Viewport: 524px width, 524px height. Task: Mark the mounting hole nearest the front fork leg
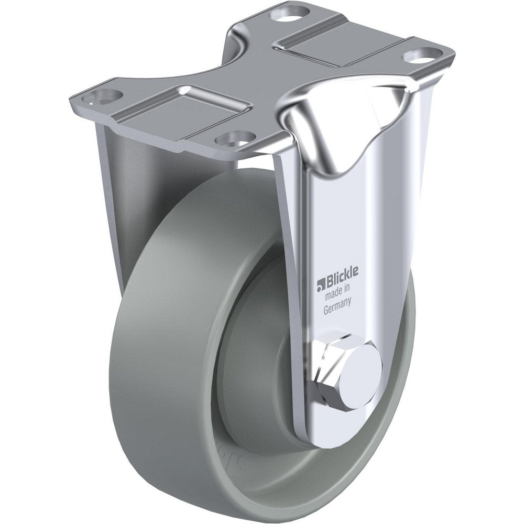pyautogui.click(x=231, y=137)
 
